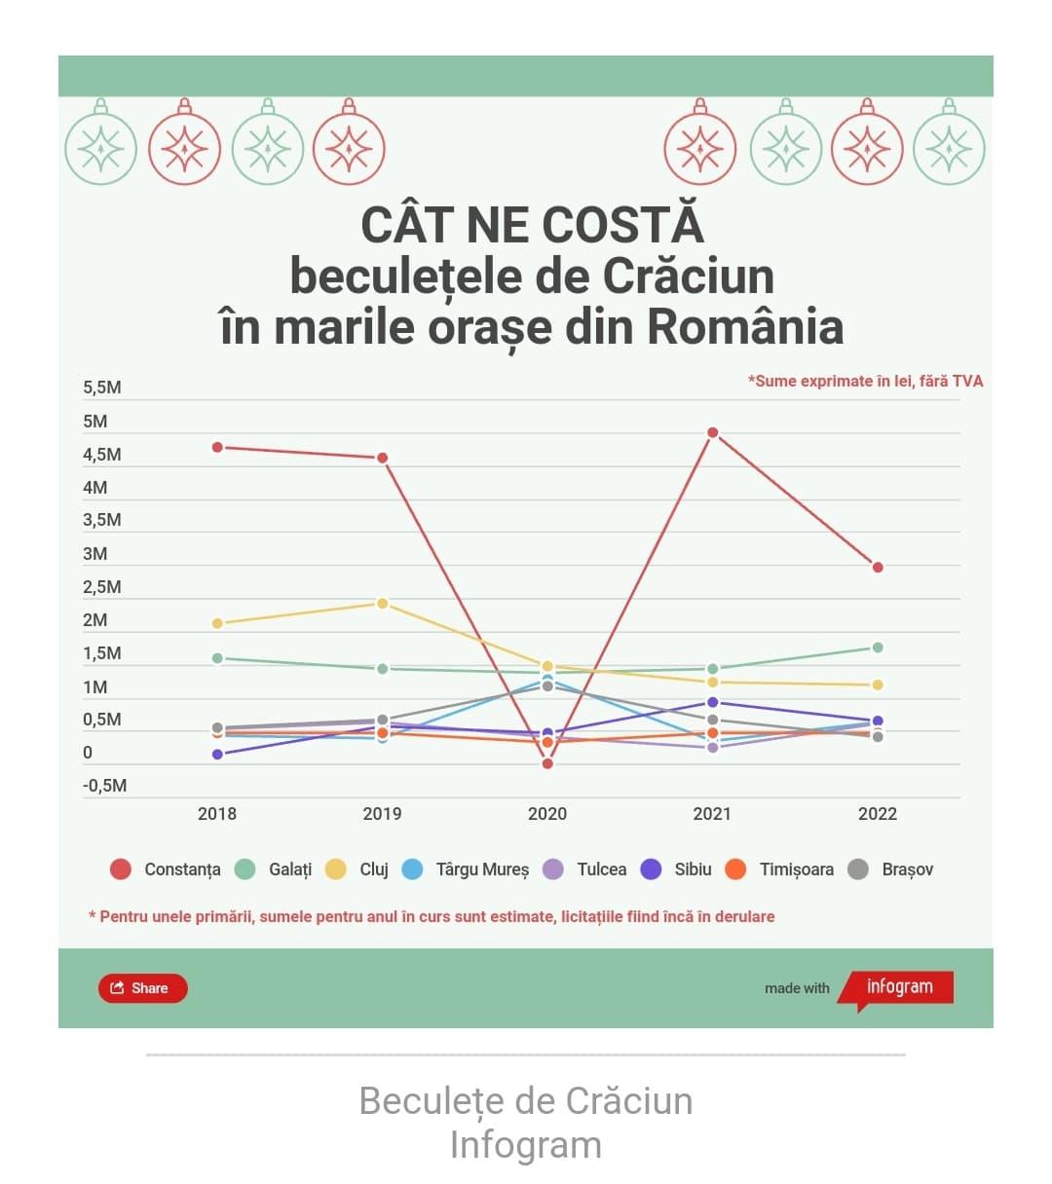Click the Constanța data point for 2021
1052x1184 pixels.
point(712,432)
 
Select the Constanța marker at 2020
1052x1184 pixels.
point(547,763)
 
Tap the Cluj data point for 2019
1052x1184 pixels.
point(383,604)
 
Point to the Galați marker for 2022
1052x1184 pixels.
point(878,647)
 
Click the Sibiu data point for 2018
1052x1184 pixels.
point(217,755)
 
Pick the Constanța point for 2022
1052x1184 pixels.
point(878,568)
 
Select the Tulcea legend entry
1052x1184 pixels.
point(586,869)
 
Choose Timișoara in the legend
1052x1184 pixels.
point(781,869)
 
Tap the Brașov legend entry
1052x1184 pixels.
point(891,869)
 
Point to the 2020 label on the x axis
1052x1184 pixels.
point(546,814)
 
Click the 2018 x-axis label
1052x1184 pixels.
point(216,814)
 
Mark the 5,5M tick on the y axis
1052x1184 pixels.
point(102,388)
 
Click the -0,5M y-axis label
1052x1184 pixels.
point(104,786)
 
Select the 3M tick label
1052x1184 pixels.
point(95,554)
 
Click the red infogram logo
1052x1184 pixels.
point(898,987)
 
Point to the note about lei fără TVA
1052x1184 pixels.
point(865,381)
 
